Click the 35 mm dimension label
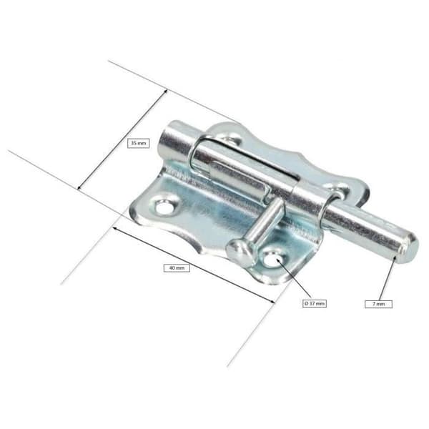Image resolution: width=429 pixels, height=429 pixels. (138, 143)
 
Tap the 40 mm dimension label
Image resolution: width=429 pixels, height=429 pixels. (177, 268)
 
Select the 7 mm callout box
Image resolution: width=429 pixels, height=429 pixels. (378, 304)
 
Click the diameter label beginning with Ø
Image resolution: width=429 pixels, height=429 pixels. (315, 303)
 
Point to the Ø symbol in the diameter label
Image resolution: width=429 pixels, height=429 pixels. (307, 303)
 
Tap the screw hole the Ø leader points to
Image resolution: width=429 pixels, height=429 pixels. (272, 260)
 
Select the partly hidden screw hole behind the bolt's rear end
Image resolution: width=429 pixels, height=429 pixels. (230, 141)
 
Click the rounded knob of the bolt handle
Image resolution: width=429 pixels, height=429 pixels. (238, 251)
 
